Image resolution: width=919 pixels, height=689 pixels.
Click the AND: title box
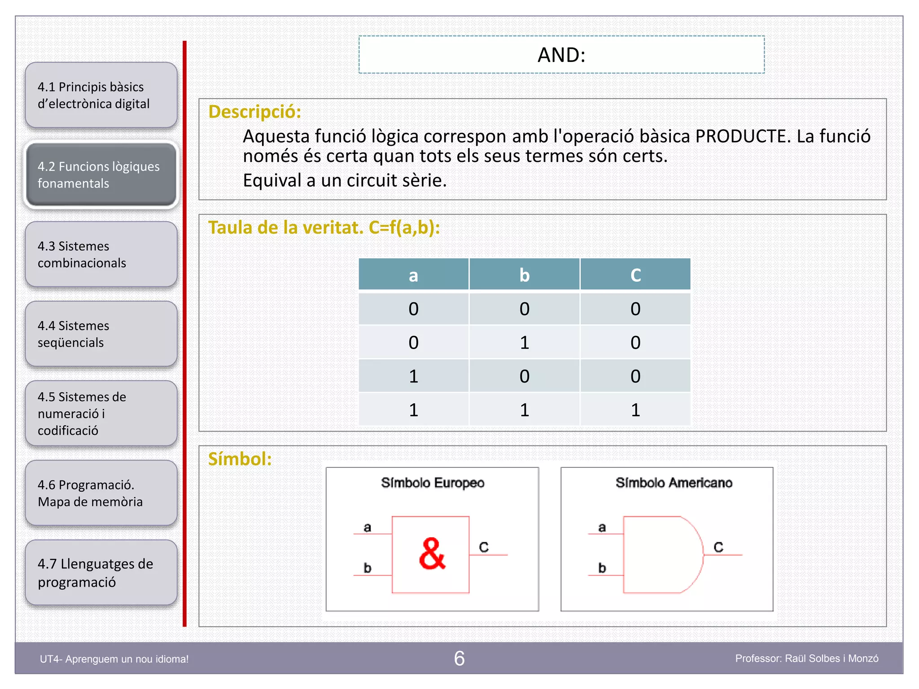561,55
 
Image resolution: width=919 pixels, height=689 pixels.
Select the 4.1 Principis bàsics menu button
101,95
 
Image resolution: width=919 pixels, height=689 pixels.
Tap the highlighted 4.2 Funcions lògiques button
101,175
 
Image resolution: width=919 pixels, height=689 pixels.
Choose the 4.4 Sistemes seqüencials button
101,334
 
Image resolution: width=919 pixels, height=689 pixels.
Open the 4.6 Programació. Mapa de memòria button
101,493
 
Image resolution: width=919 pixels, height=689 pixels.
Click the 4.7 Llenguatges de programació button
101,573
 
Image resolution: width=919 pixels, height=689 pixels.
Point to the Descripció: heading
254,112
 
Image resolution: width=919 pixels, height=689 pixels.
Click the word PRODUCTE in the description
742,136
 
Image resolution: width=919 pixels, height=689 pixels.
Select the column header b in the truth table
524,275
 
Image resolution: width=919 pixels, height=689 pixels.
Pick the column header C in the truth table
635,275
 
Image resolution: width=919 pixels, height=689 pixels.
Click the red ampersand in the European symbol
432,554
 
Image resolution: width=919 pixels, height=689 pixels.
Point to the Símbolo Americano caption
674,483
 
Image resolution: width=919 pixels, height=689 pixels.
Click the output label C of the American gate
718,547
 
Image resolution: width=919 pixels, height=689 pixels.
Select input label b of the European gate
368,568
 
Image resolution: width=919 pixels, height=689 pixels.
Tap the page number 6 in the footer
459,658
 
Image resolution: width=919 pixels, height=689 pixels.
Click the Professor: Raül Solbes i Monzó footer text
806,658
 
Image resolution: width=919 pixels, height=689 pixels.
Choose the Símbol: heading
240,459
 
